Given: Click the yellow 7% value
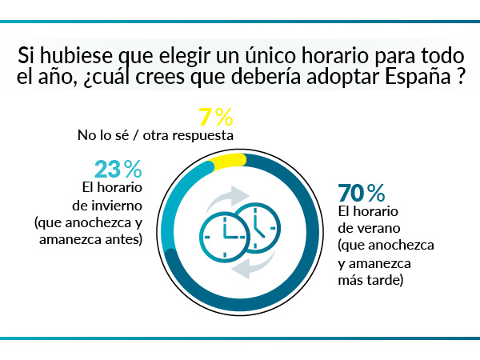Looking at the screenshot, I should point(216,117).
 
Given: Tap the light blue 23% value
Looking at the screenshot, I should point(118,169).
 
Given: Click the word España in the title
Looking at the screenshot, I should point(415,81).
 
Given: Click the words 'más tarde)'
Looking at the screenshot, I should point(370,280).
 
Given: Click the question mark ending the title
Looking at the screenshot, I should point(462,81).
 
